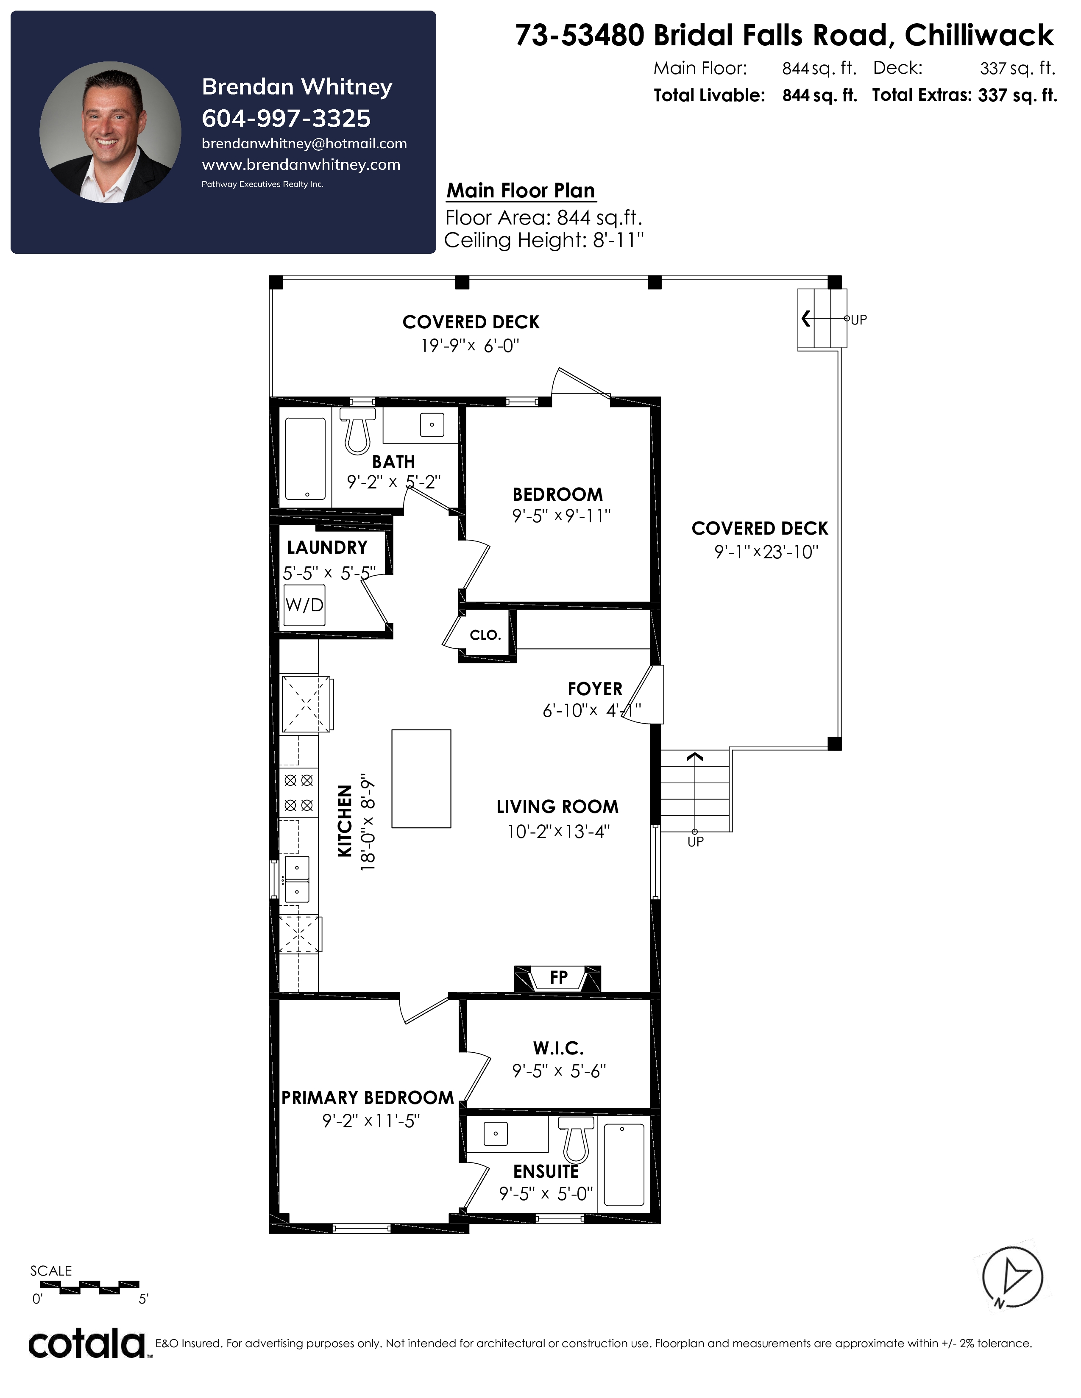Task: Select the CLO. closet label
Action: coord(485,635)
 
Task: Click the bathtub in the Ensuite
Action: coord(624,1165)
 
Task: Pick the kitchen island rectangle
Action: coord(421,778)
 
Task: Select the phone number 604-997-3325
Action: coord(286,119)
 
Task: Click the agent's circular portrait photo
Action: coord(110,133)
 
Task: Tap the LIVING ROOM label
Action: coord(557,807)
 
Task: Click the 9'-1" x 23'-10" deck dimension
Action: coord(766,552)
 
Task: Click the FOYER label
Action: coord(595,689)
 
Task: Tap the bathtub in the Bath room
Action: coord(306,459)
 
